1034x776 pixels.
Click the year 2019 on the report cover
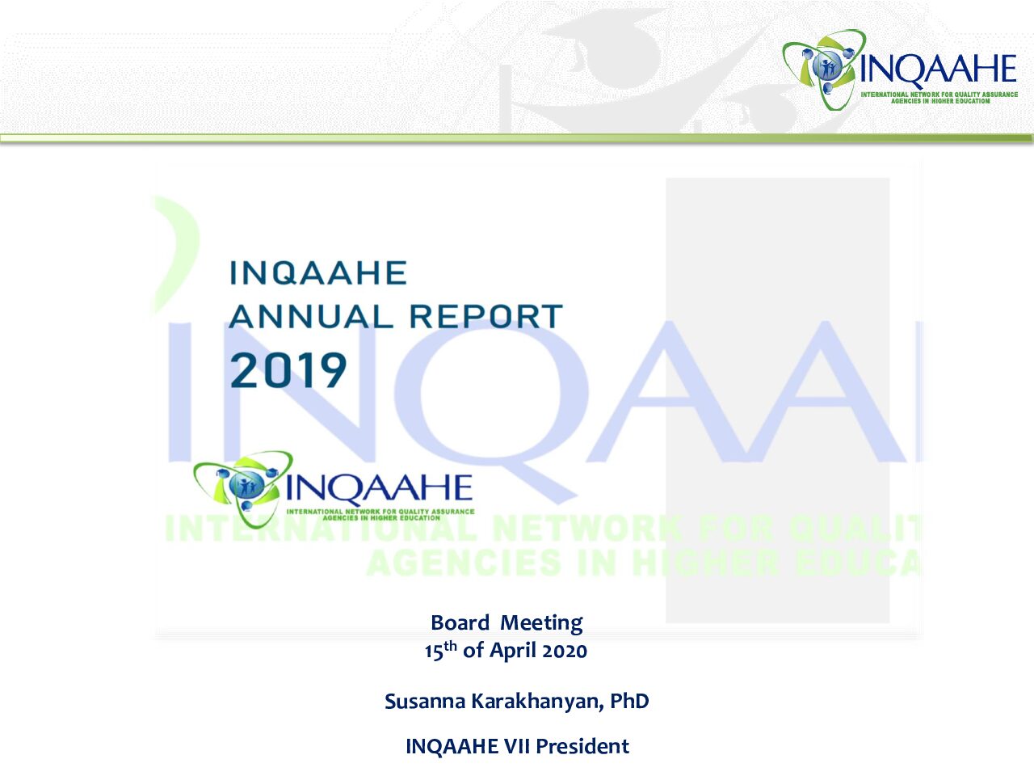[288, 370]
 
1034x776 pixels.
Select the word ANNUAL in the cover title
[311, 316]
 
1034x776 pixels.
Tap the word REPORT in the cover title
[486, 316]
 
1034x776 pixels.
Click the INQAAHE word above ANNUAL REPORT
[318, 272]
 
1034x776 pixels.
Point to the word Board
[460, 623]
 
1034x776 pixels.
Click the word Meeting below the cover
[542, 624]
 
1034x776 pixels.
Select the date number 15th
[440, 650]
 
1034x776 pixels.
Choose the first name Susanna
[426, 702]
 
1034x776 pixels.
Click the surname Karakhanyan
[537, 702]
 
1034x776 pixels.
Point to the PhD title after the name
[630, 701]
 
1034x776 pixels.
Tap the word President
[582, 747]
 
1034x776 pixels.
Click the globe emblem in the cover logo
[244, 485]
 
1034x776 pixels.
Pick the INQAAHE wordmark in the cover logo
[379, 487]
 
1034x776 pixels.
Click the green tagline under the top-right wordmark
[939, 98]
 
